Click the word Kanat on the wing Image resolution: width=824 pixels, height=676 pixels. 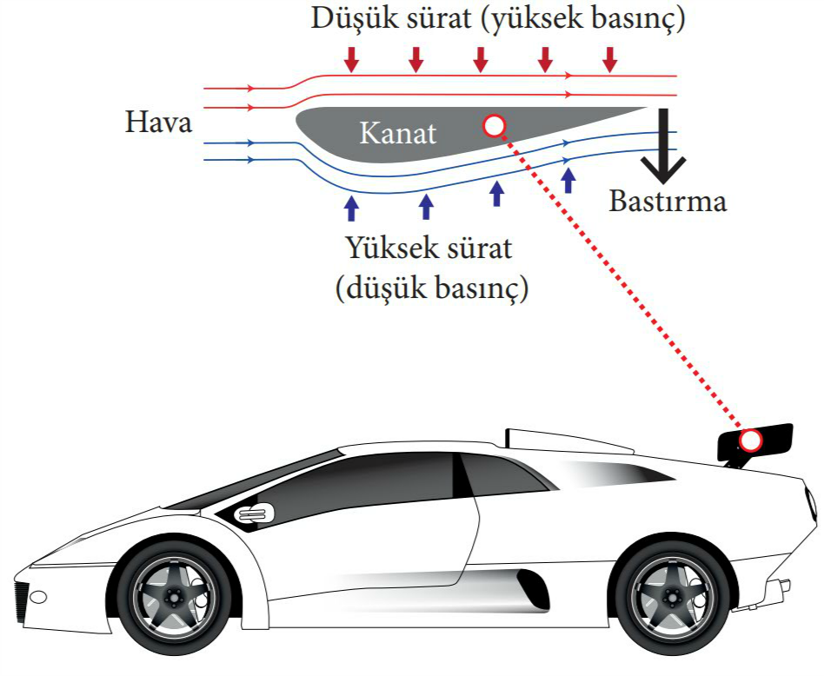[398, 133]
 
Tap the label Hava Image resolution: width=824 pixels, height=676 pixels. [159, 122]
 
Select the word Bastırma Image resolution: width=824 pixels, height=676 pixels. [668, 202]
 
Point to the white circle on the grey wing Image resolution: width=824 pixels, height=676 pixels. [494, 126]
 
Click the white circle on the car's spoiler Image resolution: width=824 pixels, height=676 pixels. [750, 441]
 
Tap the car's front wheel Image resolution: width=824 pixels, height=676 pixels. [174, 596]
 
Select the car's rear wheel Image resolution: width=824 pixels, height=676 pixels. [672, 596]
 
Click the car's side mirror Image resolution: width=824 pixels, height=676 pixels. [255, 514]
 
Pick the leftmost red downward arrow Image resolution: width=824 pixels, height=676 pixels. [351, 59]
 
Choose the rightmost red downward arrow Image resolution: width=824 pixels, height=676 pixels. [609, 59]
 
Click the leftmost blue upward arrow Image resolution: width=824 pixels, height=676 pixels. [351, 208]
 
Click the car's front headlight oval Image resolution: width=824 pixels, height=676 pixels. [38, 597]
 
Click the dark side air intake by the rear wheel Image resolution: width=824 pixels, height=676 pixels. [533, 589]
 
